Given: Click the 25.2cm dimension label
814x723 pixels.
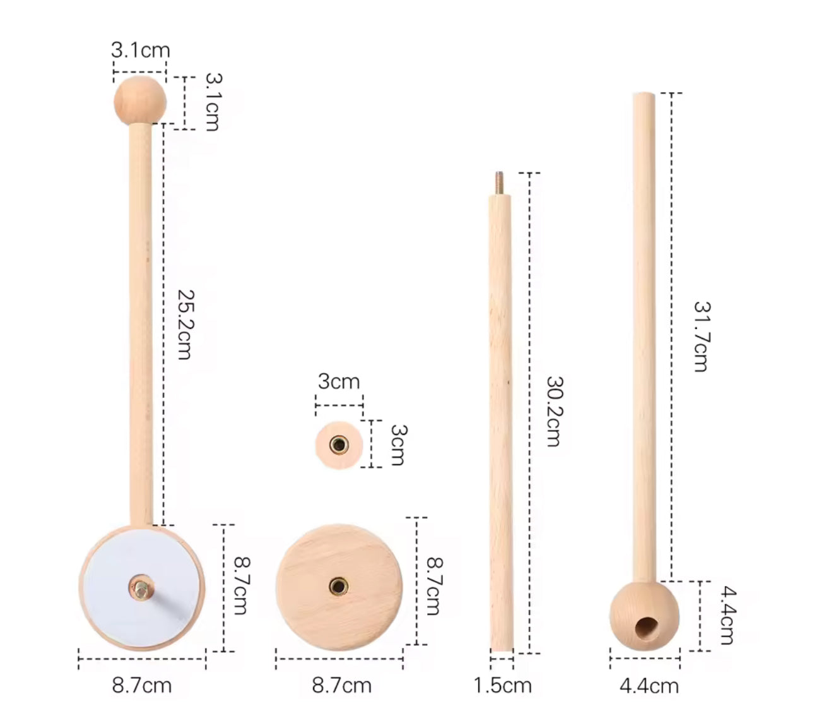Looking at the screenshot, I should click(x=184, y=325).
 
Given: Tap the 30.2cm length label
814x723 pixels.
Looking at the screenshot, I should click(x=553, y=412).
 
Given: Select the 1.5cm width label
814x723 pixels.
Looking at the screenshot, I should click(x=502, y=685).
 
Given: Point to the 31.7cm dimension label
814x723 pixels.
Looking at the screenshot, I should click(x=700, y=336).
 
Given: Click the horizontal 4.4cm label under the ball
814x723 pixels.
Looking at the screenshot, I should click(x=649, y=686).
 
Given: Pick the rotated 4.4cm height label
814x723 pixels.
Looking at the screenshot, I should click(x=727, y=616).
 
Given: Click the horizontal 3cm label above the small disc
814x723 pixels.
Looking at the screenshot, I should click(x=339, y=381).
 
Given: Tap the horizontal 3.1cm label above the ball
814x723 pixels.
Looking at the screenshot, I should click(x=140, y=51).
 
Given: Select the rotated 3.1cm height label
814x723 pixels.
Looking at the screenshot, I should click(x=213, y=102).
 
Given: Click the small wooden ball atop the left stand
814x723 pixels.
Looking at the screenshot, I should click(x=140, y=101).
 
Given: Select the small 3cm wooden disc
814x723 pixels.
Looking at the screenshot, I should click(x=339, y=445).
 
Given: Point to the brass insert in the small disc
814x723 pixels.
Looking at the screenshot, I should click(x=339, y=445).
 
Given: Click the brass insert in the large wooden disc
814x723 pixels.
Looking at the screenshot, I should click(x=339, y=587).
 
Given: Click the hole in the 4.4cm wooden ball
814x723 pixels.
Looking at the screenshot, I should click(x=645, y=627).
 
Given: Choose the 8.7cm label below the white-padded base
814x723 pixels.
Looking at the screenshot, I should click(x=141, y=685).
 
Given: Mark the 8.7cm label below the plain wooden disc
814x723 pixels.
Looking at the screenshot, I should click(x=341, y=685).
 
